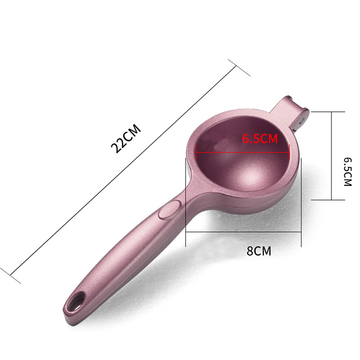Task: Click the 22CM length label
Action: pyautogui.click(x=126, y=139)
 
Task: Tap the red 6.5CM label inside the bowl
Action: pyautogui.click(x=260, y=139)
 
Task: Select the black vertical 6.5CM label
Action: pyautogui.click(x=347, y=172)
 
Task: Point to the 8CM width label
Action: pyautogui.click(x=259, y=251)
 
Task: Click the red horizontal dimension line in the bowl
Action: pyautogui.click(x=243, y=152)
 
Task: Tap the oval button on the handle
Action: pyautogui.click(x=170, y=209)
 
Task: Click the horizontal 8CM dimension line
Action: pyautogui.click(x=243, y=232)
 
